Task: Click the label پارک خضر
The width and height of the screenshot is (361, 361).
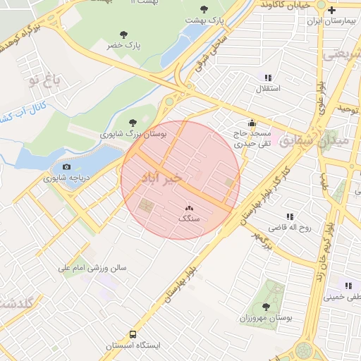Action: [x=124, y=45]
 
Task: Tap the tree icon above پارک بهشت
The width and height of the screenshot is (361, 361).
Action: [x=204, y=9]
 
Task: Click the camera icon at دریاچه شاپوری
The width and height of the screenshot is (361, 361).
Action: [x=66, y=167]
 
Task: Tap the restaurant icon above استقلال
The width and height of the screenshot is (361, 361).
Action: [x=267, y=78]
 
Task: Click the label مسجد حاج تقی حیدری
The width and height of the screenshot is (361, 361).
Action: [x=252, y=137]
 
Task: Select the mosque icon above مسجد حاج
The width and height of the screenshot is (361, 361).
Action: [x=252, y=123]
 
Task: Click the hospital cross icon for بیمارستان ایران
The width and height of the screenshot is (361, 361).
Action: [x=331, y=10]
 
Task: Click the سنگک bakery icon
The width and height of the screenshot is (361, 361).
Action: [x=188, y=208]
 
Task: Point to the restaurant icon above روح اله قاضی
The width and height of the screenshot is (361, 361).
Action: [x=289, y=216]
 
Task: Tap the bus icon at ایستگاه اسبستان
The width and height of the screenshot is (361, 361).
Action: [x=133, y=335]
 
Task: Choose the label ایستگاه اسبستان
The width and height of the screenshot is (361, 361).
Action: [x=133, y=346]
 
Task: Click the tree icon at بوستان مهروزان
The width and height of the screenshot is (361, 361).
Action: [x=266, y=307]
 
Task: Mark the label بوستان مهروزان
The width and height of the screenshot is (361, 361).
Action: [x=266, y=318]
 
